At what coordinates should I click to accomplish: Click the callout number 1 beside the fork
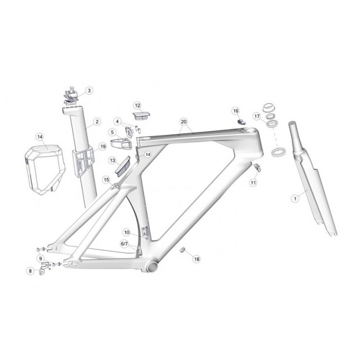point(295,198)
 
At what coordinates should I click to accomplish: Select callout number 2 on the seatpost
point(97,122)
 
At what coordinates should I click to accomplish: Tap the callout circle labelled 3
point(89,91)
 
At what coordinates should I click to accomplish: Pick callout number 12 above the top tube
point(137,106)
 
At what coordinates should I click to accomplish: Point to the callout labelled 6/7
point(124,244)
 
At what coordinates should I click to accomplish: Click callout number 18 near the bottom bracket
point(197,259)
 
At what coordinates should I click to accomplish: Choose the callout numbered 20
point(184,122)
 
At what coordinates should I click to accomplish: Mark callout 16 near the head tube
point(236,111)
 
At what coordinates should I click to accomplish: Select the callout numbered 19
point(102,146)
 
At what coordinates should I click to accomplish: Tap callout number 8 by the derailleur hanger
point(30,271)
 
